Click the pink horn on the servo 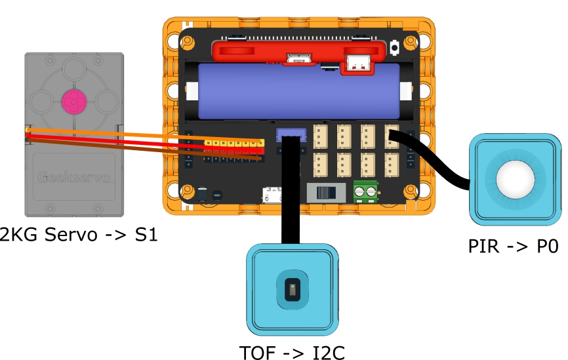(73, 101)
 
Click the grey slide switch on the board (327, 193)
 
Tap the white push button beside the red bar (396, 48)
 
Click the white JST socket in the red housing (356, 63)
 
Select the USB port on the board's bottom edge (272, 195)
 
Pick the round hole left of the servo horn (42, 101)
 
